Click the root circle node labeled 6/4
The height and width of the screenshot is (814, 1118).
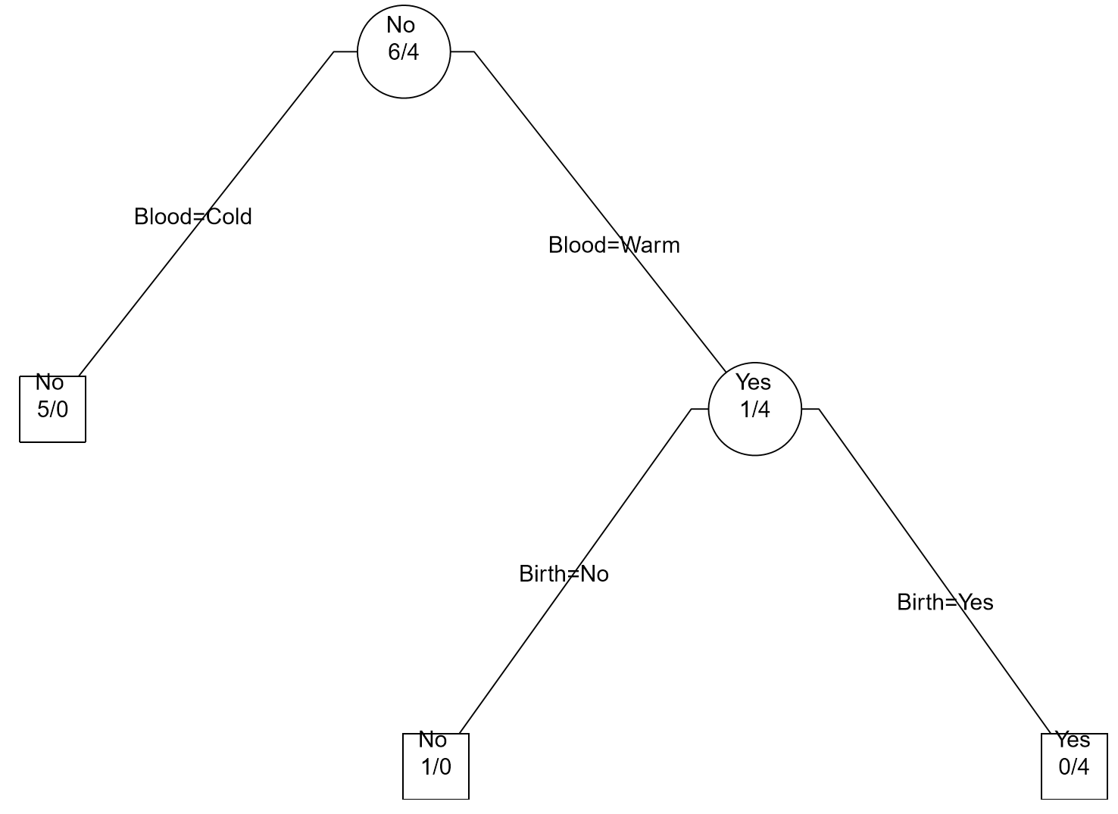tap(403, 51)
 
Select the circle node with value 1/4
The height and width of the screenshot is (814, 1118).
tap(754, 409)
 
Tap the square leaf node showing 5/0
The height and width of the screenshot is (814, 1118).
tap(52, 409)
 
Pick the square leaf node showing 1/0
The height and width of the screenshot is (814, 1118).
tap(436, 766)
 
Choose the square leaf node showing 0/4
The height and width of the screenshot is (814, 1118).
tap(1074, 766)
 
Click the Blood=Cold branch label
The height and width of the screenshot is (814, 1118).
tap(193, 217)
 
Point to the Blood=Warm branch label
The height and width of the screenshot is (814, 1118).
tap(614, 245)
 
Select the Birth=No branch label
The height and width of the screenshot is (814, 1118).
tap(564, 574)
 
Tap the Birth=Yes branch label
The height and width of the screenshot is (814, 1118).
tap(945, 602)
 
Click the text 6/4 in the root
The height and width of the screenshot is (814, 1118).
tap(403, 52)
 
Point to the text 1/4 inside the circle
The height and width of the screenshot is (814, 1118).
tap(755, 410)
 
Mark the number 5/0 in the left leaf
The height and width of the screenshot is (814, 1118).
tap(52, 410)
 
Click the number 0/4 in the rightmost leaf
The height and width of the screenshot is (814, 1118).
tap(1074, 767)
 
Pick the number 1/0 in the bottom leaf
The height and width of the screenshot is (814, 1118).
tap(436, 767)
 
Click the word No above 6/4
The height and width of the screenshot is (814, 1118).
tap(401, 25)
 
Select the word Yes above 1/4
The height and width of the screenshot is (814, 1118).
tap(753, 382)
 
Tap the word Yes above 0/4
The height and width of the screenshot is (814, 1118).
tap(1073, 739)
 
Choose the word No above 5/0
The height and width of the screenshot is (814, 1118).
tap(50, 382)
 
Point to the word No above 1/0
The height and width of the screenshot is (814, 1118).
tap(433, 739)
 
